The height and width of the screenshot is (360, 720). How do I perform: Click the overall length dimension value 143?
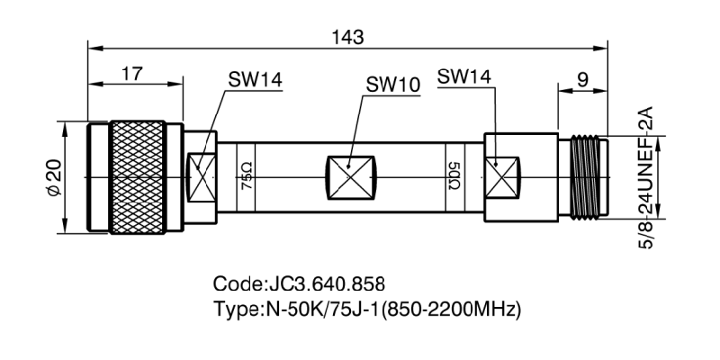tap(346, 37)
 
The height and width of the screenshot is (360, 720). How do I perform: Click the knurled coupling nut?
tap(139, 176)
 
